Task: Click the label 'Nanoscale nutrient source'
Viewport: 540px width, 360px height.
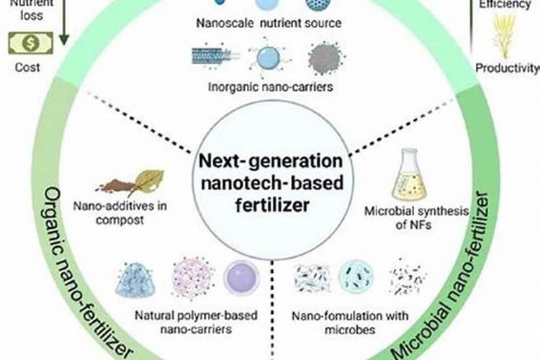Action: coord(269,23)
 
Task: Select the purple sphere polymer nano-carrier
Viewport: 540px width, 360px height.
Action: coord(241,278)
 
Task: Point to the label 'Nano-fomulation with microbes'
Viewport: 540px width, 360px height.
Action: coord(350,322)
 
